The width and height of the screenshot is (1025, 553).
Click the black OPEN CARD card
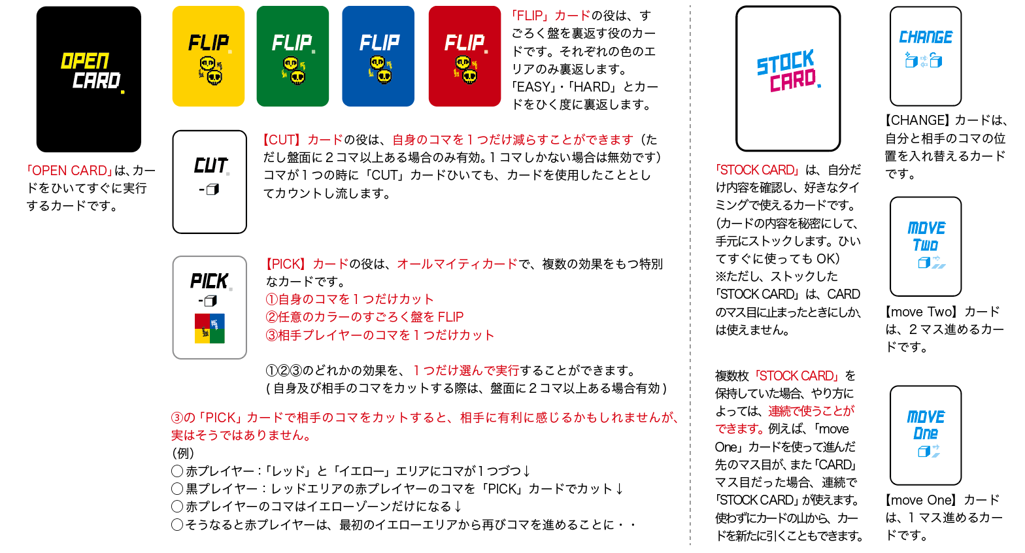click(x=89, y=79)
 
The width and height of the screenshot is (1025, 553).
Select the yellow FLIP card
click(x=208, y=56)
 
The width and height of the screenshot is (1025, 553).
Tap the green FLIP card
click(x=293, y=56)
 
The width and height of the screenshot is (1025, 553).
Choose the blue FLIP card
click(x=378, y=56)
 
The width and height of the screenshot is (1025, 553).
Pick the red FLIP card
click(x=464, y=56)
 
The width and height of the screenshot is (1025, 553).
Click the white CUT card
click(x=210, y=182)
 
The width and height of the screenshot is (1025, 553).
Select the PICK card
click(x=210, y=307)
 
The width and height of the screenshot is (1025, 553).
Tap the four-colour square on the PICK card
click(x=210, y=328)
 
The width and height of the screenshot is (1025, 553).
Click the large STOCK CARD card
click(x=788, y=78)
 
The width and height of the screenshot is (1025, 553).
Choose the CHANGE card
click(x=925, y=56)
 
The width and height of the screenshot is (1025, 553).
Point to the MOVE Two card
click(x=925, y=246)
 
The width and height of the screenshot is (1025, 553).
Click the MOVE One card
click(x=925, y=435)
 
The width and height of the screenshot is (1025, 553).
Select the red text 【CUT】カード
click(x=303, y=139)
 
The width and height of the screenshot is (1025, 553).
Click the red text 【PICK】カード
click(x=307, y=264)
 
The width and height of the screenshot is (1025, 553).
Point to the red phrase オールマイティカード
click(x=457, y=264)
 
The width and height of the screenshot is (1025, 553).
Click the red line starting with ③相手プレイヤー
click(x=380, y=335)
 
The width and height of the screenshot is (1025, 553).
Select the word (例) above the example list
click(x=183, y=453)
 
